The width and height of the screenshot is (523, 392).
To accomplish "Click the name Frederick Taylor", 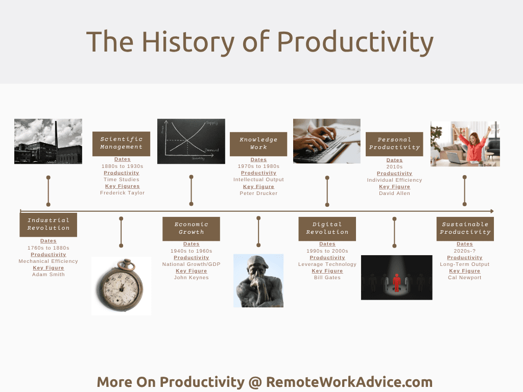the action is coord(123,192).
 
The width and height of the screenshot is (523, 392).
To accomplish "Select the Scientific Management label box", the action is coord(122,143).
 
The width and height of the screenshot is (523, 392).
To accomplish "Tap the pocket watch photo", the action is coord(122,286).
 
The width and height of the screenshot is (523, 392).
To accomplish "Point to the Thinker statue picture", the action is coord(258,281).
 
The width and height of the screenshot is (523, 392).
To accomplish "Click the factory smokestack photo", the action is coord(48,141).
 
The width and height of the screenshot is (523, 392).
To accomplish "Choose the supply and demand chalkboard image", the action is coord(191,141).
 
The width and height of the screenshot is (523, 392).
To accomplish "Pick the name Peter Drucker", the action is coord(258,193).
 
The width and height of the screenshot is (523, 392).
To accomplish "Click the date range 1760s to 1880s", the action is coord(49,248).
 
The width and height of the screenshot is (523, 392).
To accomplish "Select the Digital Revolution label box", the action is coord(327,229).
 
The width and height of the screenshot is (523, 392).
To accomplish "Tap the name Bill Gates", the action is coord(327,277).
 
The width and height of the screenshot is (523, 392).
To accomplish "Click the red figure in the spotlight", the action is coord(396,283).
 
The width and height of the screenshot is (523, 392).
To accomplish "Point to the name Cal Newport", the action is coord(465,277).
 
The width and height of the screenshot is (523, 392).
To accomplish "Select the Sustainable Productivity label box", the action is coord(465,229).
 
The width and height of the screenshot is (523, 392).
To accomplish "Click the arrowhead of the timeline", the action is coord(492,211).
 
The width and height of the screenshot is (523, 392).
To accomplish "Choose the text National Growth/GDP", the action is coord(191,264).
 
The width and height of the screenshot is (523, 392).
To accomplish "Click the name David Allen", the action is coord(395,193).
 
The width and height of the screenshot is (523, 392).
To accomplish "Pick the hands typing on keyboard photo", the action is coord(327,141).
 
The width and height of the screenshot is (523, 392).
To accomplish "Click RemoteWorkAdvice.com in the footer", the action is coord(349,382).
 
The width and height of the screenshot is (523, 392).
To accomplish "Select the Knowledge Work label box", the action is coord(258,144).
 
